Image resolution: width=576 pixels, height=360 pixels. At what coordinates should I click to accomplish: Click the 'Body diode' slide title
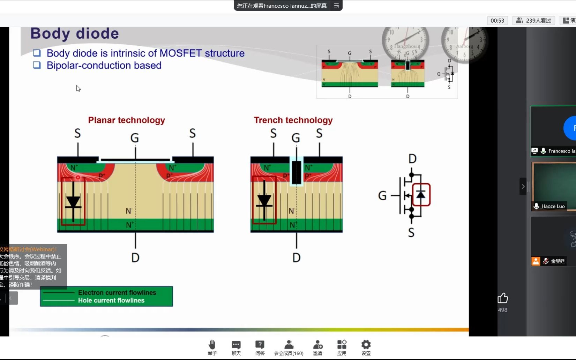click(x=74, y=34)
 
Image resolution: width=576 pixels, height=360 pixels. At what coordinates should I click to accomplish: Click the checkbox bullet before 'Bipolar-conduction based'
click(x=37, y=65)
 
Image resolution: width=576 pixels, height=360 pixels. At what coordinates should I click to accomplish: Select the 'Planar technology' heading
click(x=126, y=120)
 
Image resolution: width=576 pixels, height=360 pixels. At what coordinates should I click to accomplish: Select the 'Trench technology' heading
click(x=293, y=120)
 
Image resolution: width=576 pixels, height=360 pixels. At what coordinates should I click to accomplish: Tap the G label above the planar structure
click(x=135, y=138)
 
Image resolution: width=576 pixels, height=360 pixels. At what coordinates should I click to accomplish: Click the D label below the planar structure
click(x=135, y=258)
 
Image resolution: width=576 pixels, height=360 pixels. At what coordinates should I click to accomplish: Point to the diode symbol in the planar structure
click(x=73, y=202)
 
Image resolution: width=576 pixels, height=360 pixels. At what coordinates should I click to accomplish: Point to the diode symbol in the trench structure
click(x=264, y=201)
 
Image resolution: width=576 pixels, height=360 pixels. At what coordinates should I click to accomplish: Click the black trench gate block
click(x=297, y=172)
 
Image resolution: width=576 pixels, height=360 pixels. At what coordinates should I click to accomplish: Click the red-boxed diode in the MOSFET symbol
click(x=421, y=195)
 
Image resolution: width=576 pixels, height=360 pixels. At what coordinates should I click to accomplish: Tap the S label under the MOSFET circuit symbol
click(x=411, y=233)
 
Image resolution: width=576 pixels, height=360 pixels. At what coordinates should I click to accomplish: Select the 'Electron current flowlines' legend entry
click(x=117, y=293)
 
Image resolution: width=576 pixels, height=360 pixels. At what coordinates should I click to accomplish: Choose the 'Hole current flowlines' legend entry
click(x=111, y=300)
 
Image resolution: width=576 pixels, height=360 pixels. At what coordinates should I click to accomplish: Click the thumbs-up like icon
click(x=502, y=298)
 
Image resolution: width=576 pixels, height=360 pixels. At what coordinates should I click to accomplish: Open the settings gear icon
click(x=366, y=345)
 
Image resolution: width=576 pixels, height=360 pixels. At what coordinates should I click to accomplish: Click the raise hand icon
click(x=212, y=345)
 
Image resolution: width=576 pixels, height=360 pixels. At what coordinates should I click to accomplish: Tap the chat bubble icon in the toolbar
click(x=236, y=345)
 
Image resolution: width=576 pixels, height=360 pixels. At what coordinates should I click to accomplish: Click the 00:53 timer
click(x=497, y=21)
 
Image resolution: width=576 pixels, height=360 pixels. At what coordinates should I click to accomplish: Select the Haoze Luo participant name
click(x=553, y=206)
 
